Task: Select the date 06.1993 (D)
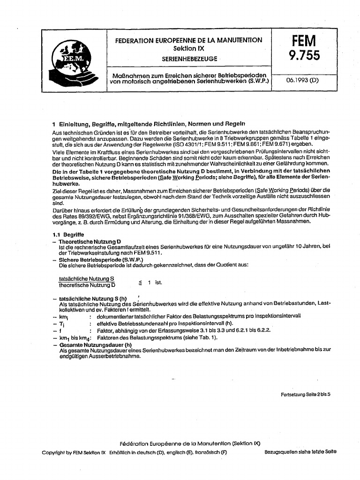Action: [302, 80]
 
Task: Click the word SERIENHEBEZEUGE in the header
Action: [189, 60]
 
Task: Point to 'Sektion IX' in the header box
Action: [189, 48]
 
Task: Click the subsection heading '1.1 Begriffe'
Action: [68, 234]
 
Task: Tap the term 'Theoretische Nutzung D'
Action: [90, 241]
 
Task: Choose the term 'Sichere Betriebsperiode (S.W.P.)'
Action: [101, 259]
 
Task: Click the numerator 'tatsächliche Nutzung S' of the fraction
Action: [87, 278]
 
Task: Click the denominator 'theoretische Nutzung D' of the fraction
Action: [87, 285]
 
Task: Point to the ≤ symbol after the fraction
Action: [139, 283]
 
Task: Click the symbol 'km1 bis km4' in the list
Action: [73, 337]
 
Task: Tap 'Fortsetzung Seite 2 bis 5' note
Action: [306, 394]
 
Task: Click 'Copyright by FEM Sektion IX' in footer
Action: [74, 452]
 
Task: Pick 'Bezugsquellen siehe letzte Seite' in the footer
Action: [300, 452]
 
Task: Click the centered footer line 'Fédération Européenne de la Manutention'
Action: [190, 443]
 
